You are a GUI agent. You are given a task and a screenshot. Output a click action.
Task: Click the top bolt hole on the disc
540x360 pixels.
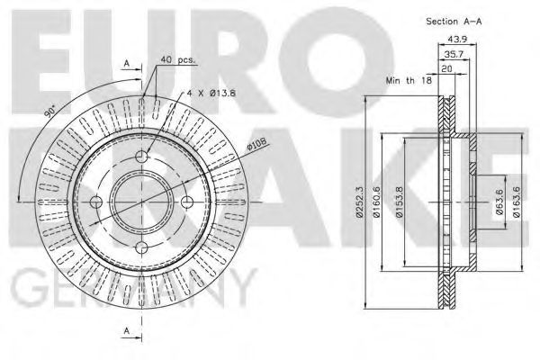pyautogui.click(x=142, y=158)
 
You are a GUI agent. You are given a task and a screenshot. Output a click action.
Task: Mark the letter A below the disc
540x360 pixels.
pyautogui.click(x=127, y=331)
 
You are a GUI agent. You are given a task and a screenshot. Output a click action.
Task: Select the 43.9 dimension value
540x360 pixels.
pyautogui.click(x=457, y=39)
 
